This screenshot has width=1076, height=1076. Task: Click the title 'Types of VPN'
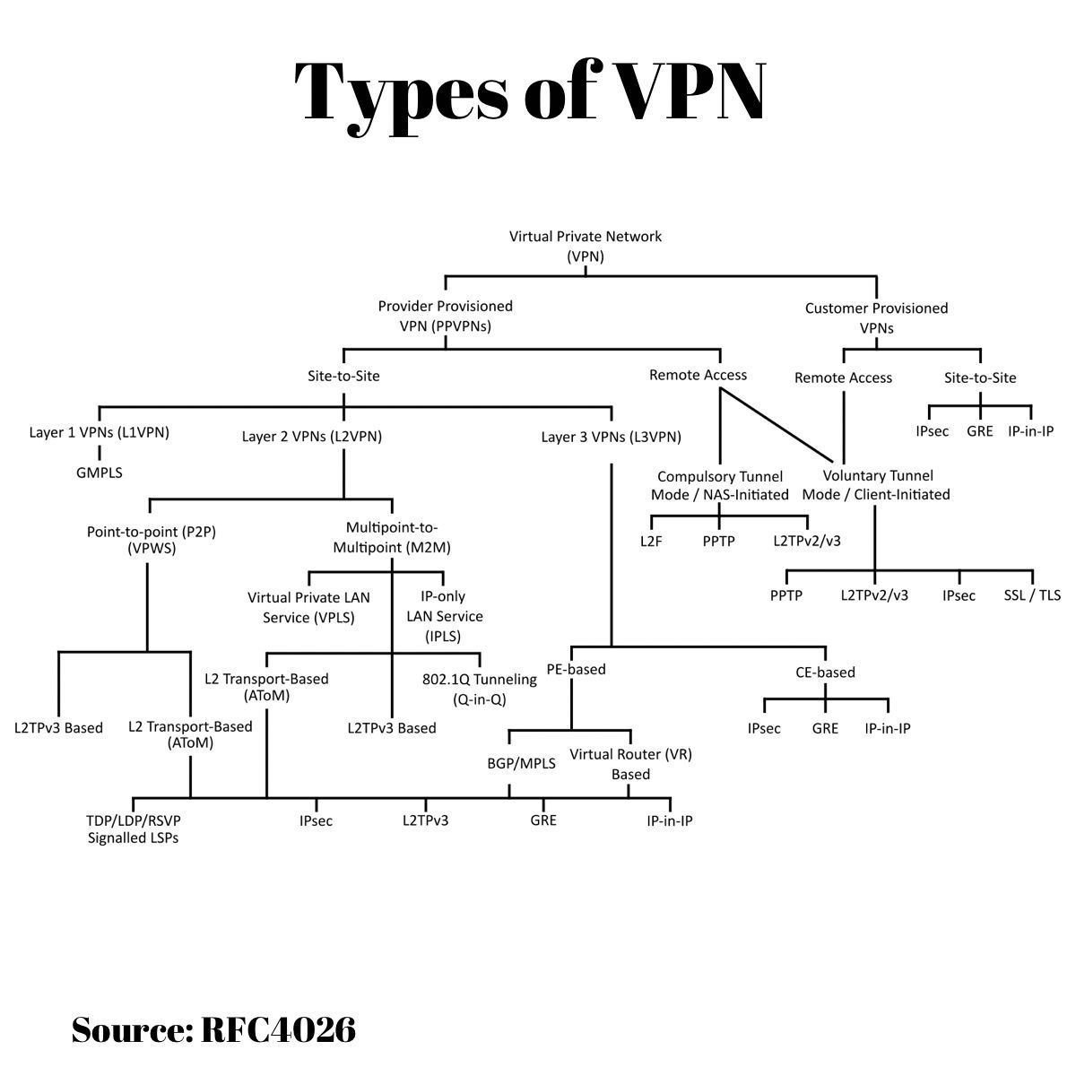530,91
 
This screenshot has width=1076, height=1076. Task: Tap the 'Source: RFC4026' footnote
213,1029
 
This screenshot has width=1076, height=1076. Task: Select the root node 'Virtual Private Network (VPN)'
585,246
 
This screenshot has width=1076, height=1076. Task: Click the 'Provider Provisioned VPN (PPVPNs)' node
445,316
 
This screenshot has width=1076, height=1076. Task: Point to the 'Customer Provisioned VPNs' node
876,317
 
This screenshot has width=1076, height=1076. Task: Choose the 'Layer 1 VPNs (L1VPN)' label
99,432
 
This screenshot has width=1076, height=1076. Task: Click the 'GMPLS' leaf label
99,472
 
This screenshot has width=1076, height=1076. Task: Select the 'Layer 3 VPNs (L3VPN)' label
611,438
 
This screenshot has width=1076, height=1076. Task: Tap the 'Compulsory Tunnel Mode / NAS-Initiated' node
720,485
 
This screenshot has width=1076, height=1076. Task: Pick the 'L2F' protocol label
651,541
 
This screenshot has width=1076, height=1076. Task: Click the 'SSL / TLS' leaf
1032,594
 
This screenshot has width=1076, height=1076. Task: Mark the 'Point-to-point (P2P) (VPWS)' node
152,540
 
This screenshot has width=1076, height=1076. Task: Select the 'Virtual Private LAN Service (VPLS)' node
308,607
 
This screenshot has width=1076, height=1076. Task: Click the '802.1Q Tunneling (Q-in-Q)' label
479,689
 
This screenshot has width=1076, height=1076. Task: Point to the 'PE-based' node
576,669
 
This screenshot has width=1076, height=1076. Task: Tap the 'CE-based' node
825,672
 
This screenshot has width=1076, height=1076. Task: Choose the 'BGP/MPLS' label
521,764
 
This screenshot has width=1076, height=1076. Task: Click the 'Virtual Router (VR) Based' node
630,764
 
